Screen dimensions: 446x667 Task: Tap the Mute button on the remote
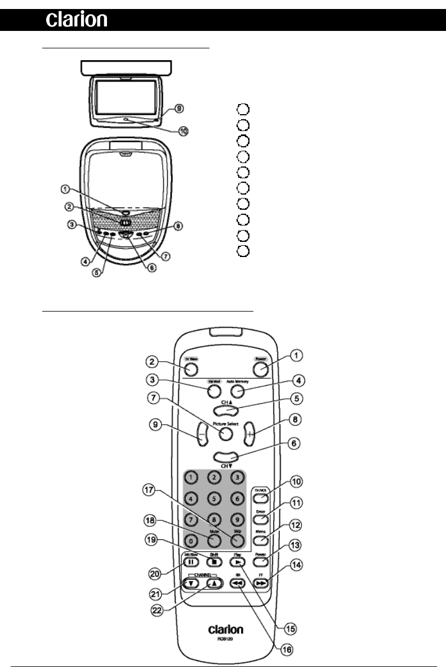point(213,540)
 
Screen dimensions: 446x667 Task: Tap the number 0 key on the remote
point(191,541)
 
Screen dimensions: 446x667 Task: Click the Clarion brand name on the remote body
point(226,630)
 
